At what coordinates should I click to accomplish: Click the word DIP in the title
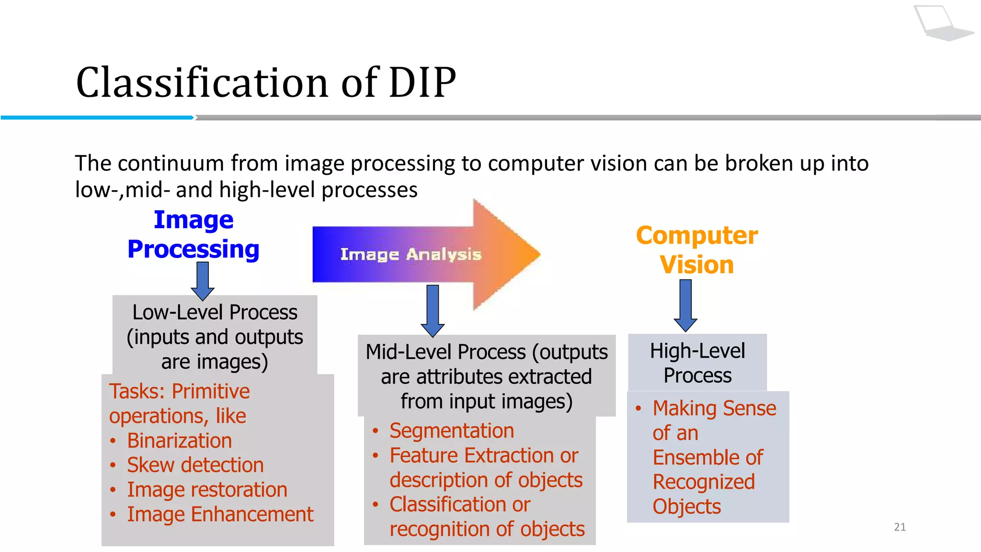coord(422,82)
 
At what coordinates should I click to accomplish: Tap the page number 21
coord(900,527)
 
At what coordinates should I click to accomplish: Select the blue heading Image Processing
coord(194,235)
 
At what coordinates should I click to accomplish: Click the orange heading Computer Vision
coord(696,250)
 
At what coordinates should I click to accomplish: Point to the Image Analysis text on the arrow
coord(411,254)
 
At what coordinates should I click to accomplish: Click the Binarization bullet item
coord(179,440)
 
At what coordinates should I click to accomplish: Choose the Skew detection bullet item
coord(195,465)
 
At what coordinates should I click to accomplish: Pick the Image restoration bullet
coord(207,490)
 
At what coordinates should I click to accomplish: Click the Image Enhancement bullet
coord(220,514)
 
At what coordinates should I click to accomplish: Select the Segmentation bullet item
coord(451,430)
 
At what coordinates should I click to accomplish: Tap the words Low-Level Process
coord(215,312)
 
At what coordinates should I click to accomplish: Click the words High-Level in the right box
coord(697,351)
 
